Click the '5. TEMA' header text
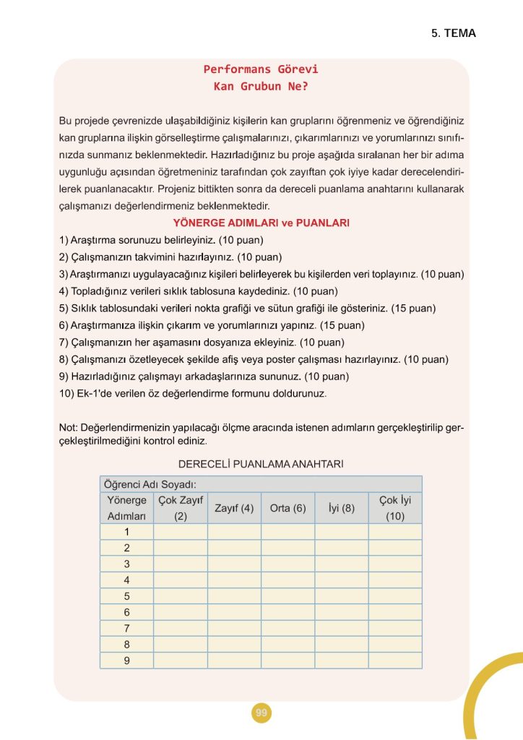(x=453, y=33)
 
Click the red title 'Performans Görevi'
(x=261, y=69)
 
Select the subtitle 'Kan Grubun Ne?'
(x=261, y=86)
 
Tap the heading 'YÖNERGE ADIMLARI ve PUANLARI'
(x=261, y=223)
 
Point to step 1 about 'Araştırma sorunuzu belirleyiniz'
(x=160, y=239)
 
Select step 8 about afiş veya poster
(x=254, y=359)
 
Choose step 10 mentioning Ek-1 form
(x=193, y=394)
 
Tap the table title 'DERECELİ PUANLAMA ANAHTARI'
(x=260, y=463)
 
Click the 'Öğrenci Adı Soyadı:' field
(x=152, y=484)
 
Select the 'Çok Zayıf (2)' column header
(x=180, y=508)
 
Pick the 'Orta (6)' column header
(x=288, y=508)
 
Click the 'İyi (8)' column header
(x=341, y=508)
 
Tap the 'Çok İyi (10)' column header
(x=394, y=508)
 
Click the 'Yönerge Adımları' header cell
(x=126, y=508)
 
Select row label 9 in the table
(x=126, y=661)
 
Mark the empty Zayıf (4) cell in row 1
(x=234, y=532)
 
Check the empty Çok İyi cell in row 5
(x=394, y=596)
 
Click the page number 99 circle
(x=261, y=713)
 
